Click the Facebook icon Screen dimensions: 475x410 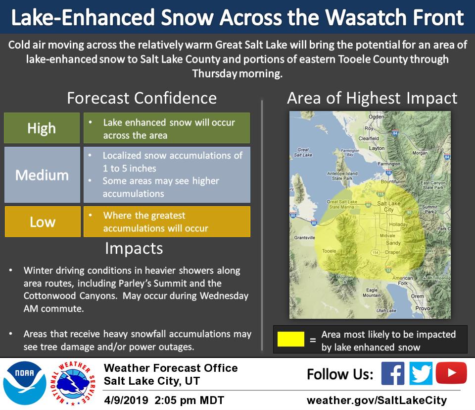point(392,373)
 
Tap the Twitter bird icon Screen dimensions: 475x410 point(421,373)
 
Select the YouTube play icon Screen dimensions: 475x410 point(451,373)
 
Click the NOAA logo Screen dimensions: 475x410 point(24,383)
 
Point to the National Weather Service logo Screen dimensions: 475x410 point(73,383)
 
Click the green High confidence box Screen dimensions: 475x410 point(42,128)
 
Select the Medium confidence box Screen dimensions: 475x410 point(42,175)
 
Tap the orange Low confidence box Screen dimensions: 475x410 point(43,222)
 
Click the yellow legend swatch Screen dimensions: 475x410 point(291,339)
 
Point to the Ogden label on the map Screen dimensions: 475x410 point(376,117)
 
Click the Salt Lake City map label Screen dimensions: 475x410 point(389,206)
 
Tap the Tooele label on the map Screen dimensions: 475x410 point(329,251)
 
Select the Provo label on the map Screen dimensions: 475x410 point(423,308)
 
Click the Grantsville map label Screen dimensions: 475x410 point(304,237)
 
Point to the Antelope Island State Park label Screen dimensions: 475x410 point(342,176)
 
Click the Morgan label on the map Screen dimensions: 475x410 point(420,153)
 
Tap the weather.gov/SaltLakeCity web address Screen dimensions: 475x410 point(377,400)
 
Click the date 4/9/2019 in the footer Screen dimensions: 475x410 point(126,400)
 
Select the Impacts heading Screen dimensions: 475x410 point(134,248)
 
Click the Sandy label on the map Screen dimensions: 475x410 point(393,243)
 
